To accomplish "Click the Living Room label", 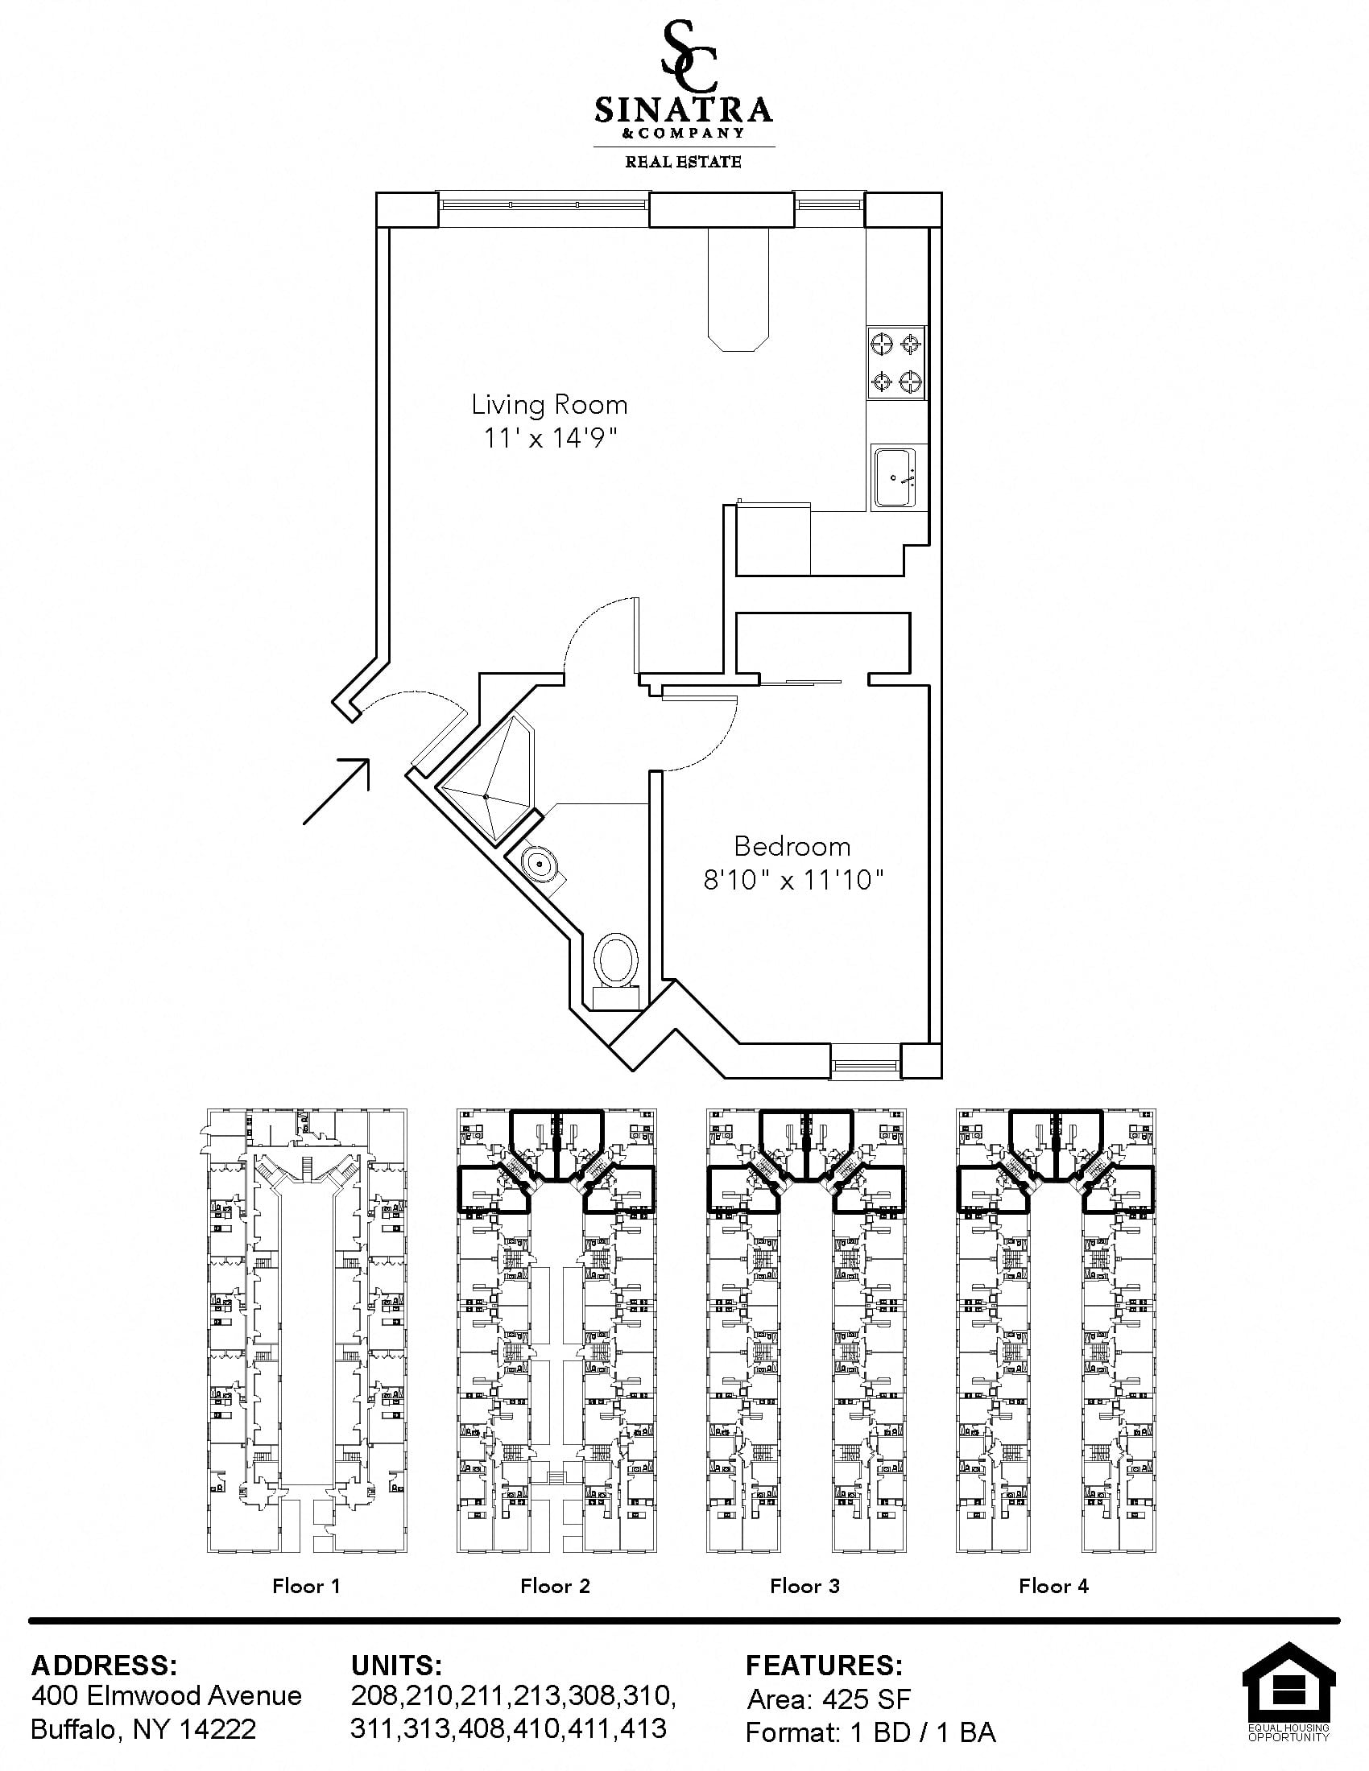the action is [549, 404].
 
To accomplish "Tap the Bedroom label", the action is [792, 847].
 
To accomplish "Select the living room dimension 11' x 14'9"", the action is [551, 438].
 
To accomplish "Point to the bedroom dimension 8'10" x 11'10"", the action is [792, 880].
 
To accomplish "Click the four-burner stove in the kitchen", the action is [896, 361].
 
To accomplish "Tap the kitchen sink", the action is [894, 477].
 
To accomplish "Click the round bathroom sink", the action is [539, 865].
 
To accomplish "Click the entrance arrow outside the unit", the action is [337, 791].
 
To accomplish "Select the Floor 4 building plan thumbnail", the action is [1056, 1331].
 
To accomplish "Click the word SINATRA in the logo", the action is [683, 109].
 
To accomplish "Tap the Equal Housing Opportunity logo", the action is [1288, 1691].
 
